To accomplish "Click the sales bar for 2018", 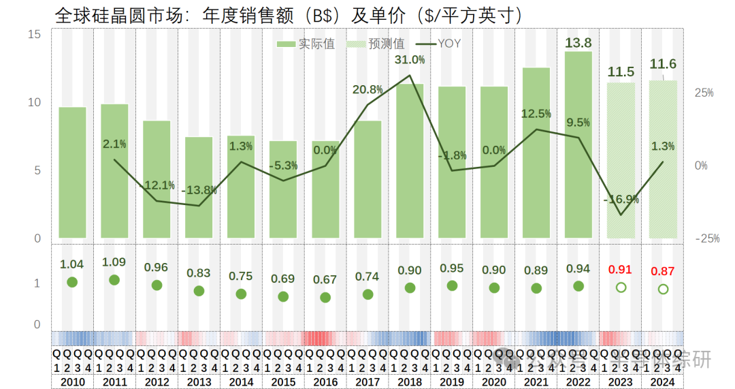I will coord(410,161).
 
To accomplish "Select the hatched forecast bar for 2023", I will coord(621,161).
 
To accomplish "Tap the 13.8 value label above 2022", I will coord(578,43).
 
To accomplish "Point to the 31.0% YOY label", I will coord(410,60).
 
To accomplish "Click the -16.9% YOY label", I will coord(621,199).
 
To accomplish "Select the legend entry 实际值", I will coord(308,44).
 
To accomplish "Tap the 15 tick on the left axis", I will coord(36,34).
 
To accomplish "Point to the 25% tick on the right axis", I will coord(704,93).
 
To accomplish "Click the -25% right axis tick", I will coord(707,238).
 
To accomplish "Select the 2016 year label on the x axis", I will coord(325,382).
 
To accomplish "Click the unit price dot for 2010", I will coord(72,282).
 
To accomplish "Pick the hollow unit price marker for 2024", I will coord(663,289).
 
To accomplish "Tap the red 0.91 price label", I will coord(621,269).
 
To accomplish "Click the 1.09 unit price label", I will coord(114,262).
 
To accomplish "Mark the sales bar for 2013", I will coord(199,187).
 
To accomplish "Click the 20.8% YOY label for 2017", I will coord(367,89).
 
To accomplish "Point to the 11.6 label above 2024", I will coord(663,64).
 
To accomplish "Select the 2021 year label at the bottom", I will coord(536,382).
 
